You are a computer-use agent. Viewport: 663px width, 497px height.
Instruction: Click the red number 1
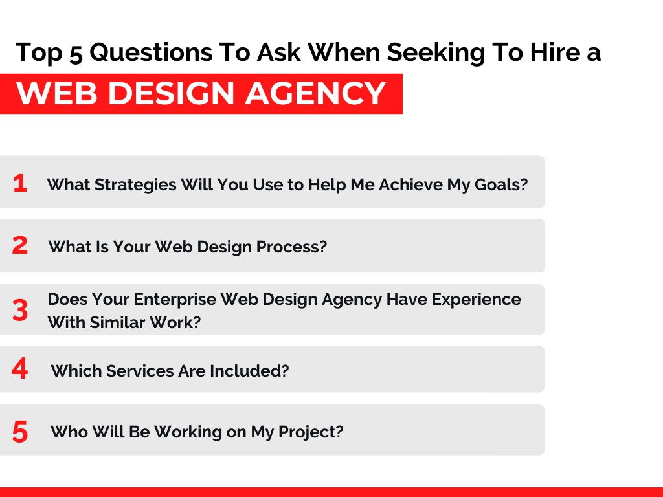(20, 183)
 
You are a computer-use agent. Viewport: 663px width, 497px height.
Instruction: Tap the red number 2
(20, 245)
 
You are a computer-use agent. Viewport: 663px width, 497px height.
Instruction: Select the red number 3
(20, 310)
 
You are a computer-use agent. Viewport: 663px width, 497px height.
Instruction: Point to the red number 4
(20, 368)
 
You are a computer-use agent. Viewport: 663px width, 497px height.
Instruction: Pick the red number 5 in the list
(20, 432)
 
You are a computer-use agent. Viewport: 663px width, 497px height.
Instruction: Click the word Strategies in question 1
(135, 185)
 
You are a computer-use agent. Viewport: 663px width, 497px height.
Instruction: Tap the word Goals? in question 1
(501, 184)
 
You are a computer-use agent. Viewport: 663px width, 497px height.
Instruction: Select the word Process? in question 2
(292, 247)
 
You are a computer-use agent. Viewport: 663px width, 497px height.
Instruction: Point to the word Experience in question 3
(476, 300)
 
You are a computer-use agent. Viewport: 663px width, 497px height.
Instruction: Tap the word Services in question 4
(140, 371)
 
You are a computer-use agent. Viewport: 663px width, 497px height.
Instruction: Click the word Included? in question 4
(249, 371)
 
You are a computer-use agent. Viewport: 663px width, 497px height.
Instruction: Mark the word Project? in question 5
(310, 432)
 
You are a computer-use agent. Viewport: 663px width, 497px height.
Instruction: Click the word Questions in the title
(151, 53)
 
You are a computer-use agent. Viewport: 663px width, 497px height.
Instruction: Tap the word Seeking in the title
(436, 53)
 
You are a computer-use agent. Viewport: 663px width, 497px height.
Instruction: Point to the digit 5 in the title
(76, 54)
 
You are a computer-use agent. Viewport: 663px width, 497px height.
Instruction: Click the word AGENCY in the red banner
(315, 93)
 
